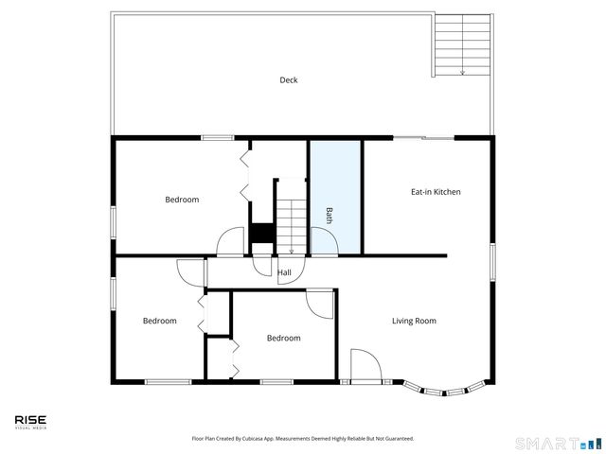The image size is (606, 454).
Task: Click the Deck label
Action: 289,80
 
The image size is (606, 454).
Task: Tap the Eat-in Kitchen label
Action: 436,192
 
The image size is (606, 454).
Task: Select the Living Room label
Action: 414,321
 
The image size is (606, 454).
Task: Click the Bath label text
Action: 330,215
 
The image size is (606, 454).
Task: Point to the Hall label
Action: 284,273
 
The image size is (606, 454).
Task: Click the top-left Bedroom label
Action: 182,200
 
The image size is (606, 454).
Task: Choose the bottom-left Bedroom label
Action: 159,321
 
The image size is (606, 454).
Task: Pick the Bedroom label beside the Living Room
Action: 283,338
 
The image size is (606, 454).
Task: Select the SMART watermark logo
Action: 557,443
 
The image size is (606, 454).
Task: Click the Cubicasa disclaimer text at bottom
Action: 303,439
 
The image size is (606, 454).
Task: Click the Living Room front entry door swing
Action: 365,364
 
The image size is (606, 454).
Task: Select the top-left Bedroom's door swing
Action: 230,242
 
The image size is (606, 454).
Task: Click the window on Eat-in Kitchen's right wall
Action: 492,261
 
